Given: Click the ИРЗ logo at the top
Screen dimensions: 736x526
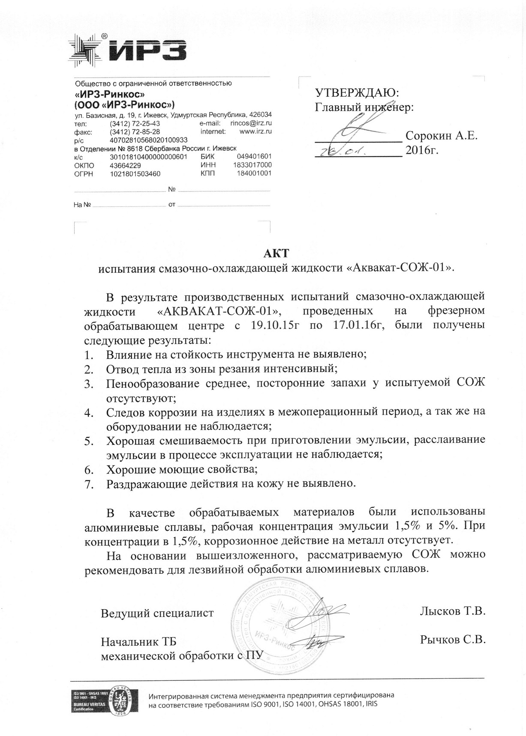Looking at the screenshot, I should [x=129, y=51].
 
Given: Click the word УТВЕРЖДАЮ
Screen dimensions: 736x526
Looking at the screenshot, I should [x=357, y=92].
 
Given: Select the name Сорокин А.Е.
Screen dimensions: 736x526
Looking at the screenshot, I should [x=441, y=136].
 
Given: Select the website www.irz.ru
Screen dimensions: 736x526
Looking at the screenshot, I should [x=255, y=131].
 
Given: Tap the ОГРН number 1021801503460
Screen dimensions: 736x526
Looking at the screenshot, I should [x=135, y=174].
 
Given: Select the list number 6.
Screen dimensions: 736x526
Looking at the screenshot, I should [x=89, y=470].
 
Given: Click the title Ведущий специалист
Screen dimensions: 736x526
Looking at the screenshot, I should [x=157, y=613].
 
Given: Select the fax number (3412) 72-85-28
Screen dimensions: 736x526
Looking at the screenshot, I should [x=135, y=131].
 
